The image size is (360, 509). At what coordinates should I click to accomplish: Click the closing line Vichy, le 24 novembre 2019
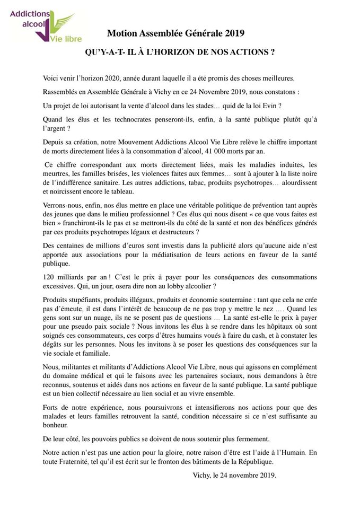tap(235, 476)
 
